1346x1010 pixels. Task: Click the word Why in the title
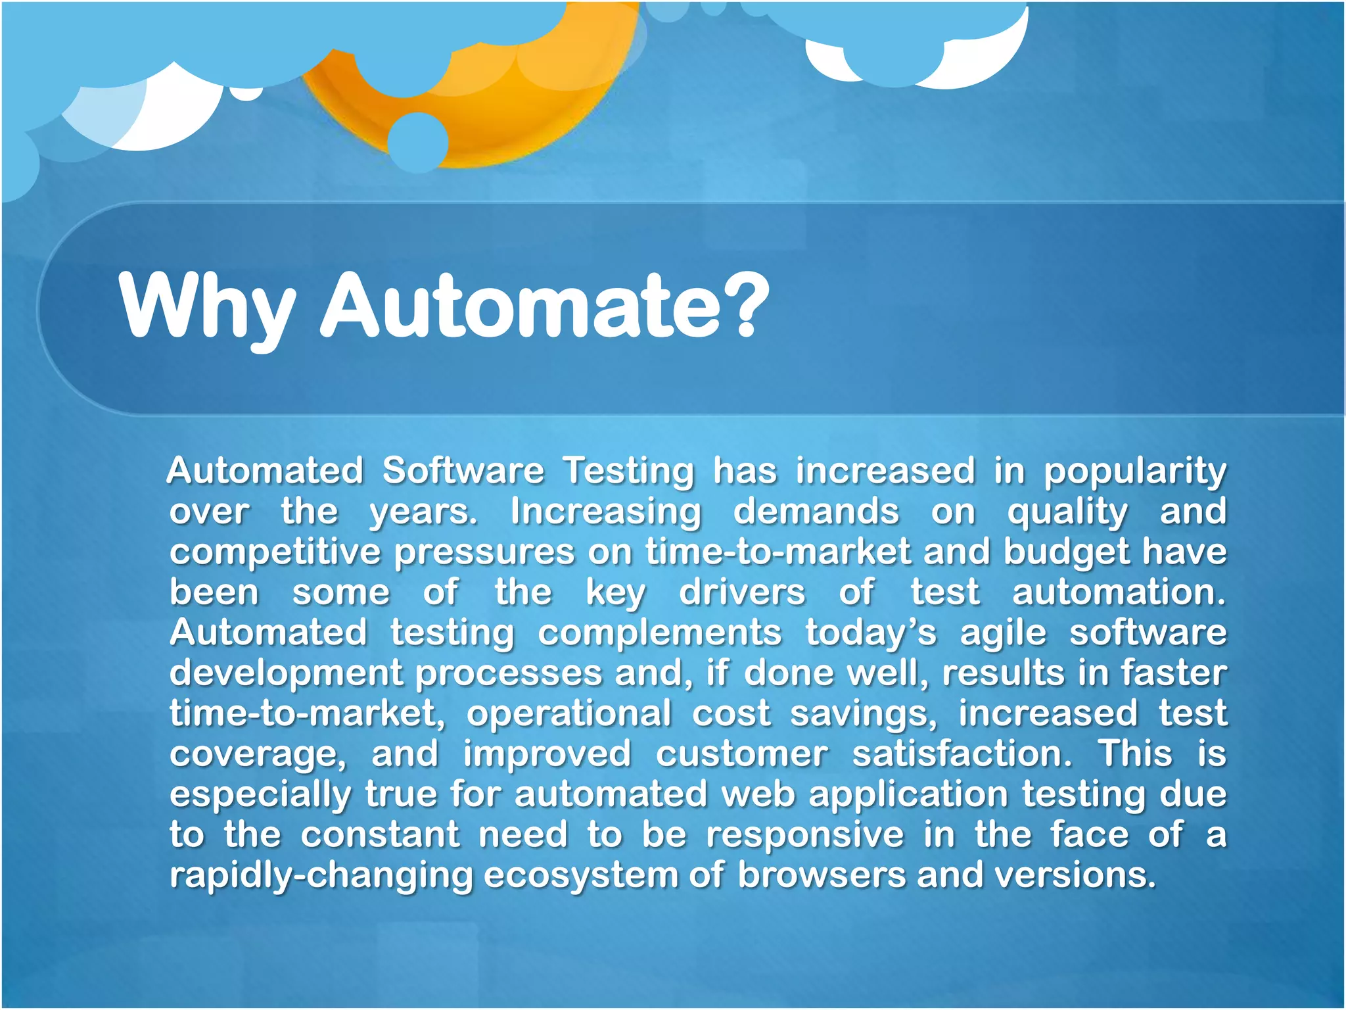(x=207, y=307)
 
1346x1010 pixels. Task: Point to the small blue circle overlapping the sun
(x=417, y=143)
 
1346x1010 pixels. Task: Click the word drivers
(x=742, y=593)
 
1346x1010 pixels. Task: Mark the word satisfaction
(x=962, y=755)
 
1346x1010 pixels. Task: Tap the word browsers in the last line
(x=821, y=877)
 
